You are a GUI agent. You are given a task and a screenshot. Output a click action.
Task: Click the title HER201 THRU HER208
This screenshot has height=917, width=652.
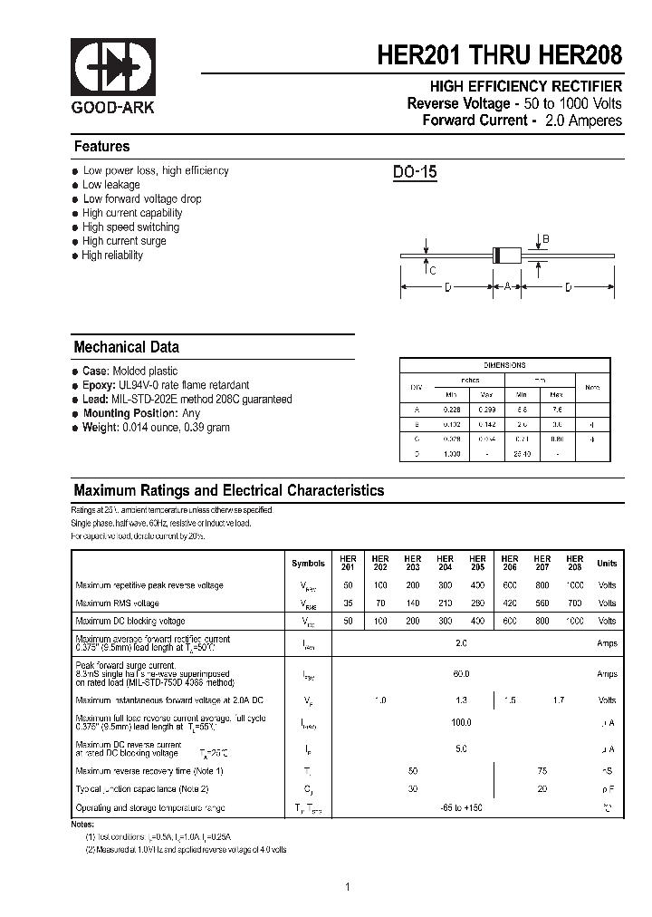pos(500,55)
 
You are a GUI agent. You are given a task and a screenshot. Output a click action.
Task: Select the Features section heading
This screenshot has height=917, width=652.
pos(101,147)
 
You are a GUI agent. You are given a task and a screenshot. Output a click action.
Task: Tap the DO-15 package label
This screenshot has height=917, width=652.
pos(415,172)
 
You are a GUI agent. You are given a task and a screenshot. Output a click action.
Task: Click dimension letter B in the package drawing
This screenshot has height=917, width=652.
pos(545,238)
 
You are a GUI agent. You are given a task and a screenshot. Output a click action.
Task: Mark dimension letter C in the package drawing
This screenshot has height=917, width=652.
pos(433,270)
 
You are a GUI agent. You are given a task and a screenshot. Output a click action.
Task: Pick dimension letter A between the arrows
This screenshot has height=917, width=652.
pos(508,287)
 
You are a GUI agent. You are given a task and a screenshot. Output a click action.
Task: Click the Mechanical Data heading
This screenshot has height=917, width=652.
pos(126,347)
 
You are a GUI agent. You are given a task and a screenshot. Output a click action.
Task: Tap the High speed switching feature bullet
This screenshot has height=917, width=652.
pos(130,227)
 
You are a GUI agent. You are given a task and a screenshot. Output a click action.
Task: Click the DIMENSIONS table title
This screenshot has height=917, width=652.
pos(504,365)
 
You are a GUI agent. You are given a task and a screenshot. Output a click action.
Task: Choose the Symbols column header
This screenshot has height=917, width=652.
pos(308,564)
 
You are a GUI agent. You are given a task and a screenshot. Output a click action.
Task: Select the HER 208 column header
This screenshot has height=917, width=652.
pos(574,563)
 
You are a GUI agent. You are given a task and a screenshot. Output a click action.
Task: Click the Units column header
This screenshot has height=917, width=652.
pos(607,564)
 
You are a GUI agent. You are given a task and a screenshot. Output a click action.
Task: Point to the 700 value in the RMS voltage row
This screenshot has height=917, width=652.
pos(574,603)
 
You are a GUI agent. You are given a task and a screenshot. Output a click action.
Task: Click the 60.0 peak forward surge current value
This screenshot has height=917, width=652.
pos(461,674)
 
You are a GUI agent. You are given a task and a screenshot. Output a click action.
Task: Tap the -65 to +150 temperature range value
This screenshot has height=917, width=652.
pos(461,806)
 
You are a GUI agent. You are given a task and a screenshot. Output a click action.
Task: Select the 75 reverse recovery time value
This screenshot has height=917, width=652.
pos(542,770)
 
